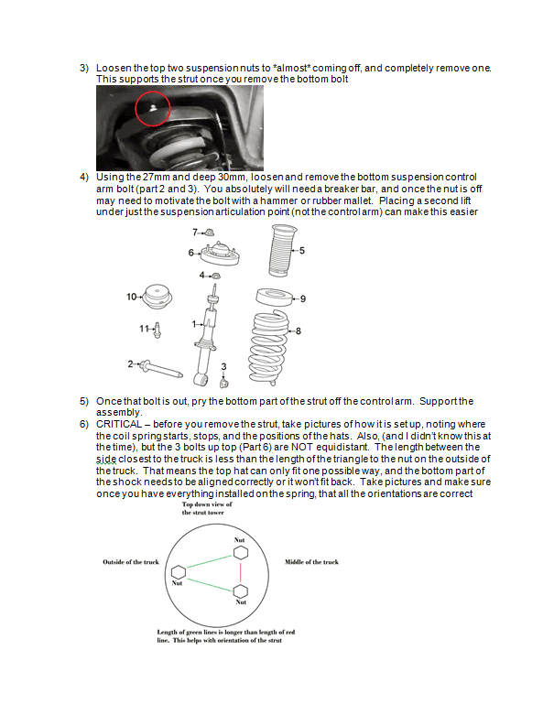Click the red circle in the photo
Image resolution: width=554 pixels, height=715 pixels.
click(x=153, y=109)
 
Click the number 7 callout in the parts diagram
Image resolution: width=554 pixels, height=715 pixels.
click(x=195, y=233)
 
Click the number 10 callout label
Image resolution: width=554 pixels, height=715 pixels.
click(x=131, y=297)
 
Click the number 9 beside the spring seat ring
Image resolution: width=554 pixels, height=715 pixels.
click(x=302, y=299)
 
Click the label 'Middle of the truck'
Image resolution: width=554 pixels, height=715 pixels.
click(x=311, y=562)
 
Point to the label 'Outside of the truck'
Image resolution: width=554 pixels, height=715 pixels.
click(x=134, y=562)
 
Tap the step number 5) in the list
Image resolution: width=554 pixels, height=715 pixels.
click(x=84, y=401)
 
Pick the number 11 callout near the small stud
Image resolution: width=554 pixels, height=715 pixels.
click(x=144, y=329)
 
